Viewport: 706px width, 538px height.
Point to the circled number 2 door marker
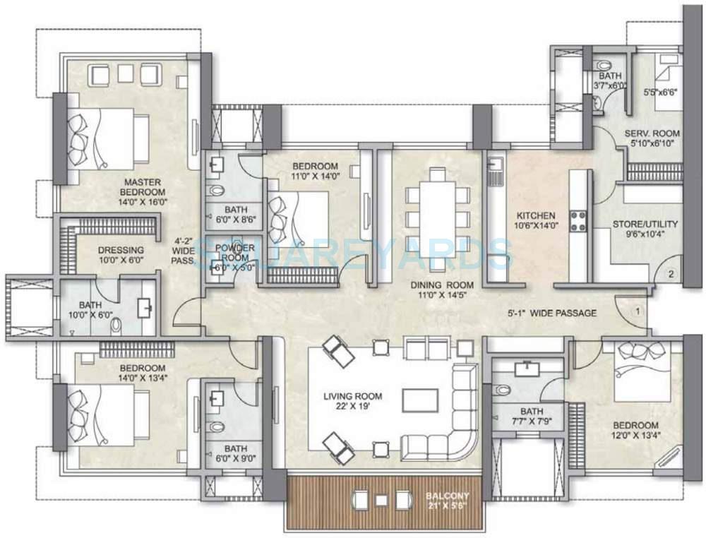pos(672,273)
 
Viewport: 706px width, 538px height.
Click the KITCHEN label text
pos(535,220)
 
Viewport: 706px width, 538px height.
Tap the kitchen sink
pos(496,169)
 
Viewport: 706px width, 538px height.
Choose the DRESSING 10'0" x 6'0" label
pos(121,255)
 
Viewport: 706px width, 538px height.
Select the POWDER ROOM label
pos(234,253)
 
